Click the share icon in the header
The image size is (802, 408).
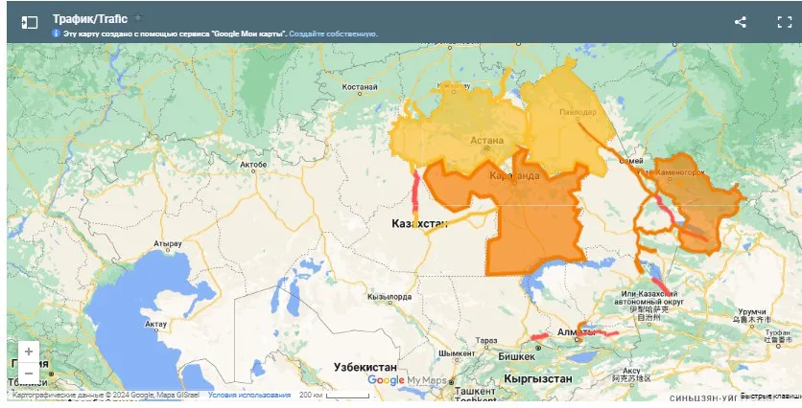coord(740,22)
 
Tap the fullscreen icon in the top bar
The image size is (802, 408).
coord(784,22)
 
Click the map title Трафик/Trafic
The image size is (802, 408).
coord(90,18)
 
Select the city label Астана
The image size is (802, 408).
coord(486,140)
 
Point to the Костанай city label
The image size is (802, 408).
coord(361,87)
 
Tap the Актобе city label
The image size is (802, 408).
coord(252,165)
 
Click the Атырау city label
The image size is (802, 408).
coord(165,244)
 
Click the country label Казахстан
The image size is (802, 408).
coord(420,223)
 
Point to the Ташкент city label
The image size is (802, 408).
coord(474,391)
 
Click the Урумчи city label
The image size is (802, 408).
coord(753,312)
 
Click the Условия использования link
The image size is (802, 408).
coord(249,395)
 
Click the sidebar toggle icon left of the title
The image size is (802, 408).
coord(30,22)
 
